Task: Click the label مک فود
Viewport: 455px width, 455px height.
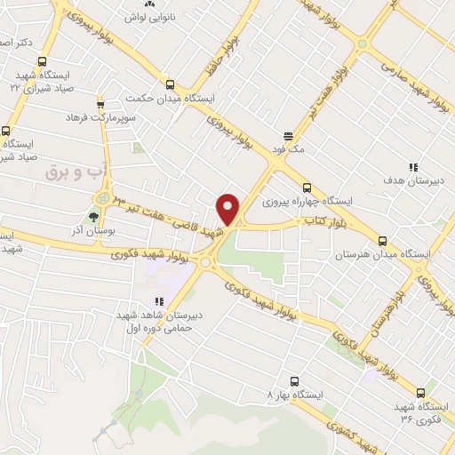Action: (290, 150)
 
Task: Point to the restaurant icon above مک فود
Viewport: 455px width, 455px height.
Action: (288, 137)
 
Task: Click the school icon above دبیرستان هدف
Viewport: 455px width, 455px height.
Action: (412, 167)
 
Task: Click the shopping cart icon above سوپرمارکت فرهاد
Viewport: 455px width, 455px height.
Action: (100, 103)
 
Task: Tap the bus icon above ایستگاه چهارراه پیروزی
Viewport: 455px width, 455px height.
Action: (307, 188)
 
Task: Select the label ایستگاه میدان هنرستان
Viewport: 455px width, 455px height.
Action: (381, 254)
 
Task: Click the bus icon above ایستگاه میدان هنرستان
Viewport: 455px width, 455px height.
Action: (382, 240)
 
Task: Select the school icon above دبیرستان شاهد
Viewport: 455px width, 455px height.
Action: (159, 302)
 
